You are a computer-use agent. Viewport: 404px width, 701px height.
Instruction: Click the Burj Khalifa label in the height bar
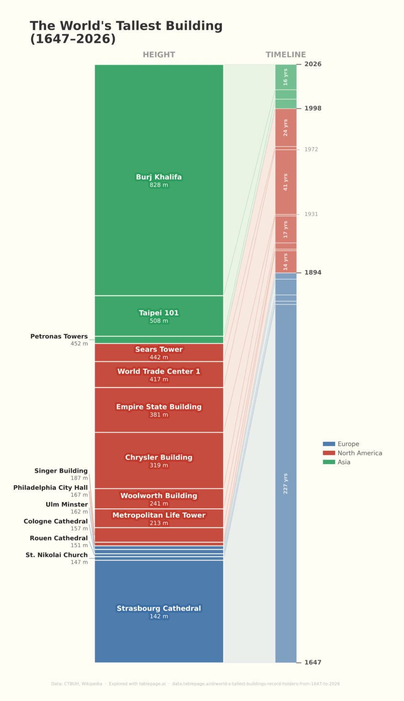[158, 177]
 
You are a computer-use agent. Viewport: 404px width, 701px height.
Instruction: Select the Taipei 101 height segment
[158, 316]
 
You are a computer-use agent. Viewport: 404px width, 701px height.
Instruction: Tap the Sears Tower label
[158, 350]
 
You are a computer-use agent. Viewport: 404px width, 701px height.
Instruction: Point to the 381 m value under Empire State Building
[158, 415]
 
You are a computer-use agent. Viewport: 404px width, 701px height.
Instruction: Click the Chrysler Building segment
[158, 460]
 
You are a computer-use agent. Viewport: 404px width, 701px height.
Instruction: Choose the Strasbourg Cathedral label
[158, 608]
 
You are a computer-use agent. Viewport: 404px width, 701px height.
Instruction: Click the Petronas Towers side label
[59, 336]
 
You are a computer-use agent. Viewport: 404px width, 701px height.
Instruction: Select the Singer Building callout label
[61, 471]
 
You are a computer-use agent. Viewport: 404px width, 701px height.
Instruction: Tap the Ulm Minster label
[67, 505]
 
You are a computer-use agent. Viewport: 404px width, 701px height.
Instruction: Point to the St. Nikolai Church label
[57, 555]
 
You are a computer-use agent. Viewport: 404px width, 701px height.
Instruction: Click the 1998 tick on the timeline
[313, 109]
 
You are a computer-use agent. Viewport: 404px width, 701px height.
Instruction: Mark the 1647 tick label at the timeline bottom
[313, 662]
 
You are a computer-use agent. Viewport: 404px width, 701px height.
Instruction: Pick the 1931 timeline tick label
[311, 214]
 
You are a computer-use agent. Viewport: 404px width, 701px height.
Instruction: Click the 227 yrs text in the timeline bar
[286, 483]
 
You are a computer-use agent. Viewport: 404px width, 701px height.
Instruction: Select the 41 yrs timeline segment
[286, 182]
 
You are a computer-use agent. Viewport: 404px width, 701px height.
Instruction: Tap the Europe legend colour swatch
[329, 444]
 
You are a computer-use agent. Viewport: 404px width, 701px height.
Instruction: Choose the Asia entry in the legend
[344, 462]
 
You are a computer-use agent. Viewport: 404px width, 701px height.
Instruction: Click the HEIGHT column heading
[159, 55]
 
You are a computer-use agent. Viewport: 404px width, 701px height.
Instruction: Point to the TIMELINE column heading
[286, 55]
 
